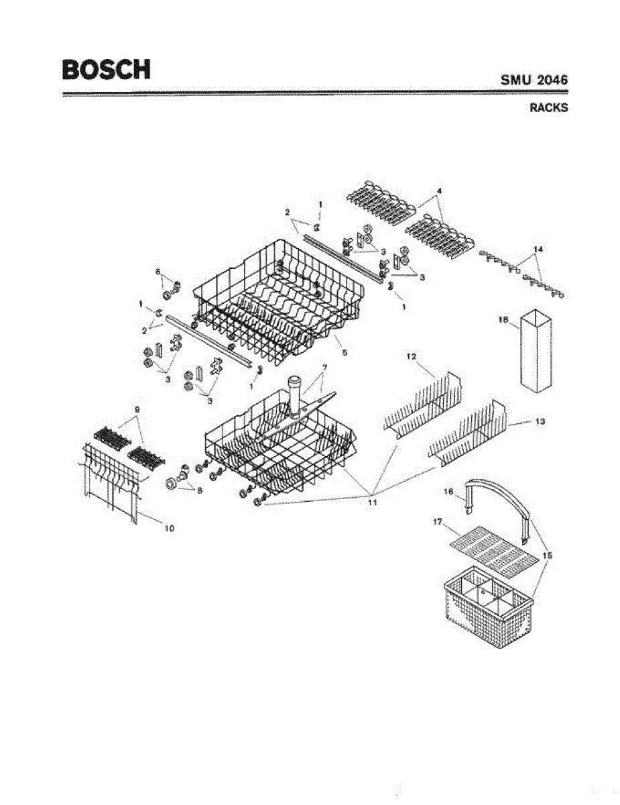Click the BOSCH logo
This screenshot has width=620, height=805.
click(x=107, y=70)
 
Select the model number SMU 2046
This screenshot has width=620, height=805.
click(x=534, y=80)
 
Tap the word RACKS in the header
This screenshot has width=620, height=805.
click(x=548, y=107)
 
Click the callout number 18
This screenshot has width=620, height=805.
click(x=503, y=321)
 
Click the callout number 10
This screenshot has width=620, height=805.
click(x=170, y=529)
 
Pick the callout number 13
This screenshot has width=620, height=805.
click(x=540, y=421)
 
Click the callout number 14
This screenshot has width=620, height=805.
click(x=538, y=249)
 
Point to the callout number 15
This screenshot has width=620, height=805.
click(x=548, y=555)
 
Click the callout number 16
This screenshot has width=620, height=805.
click(x=448, y=491)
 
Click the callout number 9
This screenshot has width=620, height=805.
click(x=137, y=409)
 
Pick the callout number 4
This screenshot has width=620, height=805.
click(x=439, y=191)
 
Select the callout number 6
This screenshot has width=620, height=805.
click(x=158, y=272)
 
